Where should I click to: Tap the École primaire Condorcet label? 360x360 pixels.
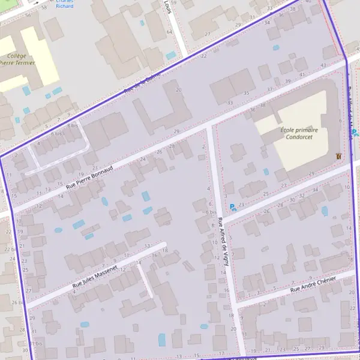click(x=299, y=133)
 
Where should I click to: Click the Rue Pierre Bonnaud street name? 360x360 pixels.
click(x=90, y=177)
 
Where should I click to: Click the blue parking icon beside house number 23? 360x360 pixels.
click(x=233, y=206)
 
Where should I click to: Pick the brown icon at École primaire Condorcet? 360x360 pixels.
click(x=340, y=155)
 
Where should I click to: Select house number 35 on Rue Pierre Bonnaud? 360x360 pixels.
click(x=246, y=93)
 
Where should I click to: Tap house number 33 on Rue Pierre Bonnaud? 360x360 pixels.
click(x=230, y=103)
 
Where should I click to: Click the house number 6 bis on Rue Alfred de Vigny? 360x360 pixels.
click(x=211, y=212)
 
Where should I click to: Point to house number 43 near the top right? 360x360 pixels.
click(x=323, y=65)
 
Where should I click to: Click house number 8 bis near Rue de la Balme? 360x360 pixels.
click(x=73, y=125)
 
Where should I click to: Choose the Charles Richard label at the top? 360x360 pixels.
click(x=65, y=5)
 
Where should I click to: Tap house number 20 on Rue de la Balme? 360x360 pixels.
click(x=178, y=90)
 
